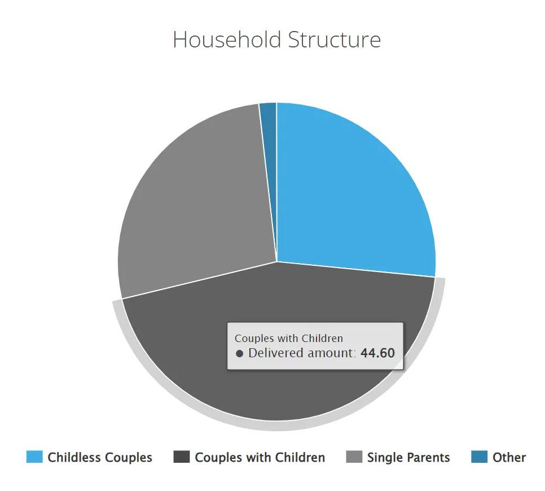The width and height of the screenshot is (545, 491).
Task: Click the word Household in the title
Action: (227, 40)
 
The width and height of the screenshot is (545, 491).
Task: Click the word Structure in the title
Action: (335, 40)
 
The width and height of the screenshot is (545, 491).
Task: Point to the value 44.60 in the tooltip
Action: (377, 353)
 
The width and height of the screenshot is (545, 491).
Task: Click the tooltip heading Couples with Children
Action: (289, 338)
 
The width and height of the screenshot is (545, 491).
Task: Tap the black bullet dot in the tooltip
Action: (239, 354)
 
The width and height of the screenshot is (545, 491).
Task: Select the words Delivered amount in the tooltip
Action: (301, 353)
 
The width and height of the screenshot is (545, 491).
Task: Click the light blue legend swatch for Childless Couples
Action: (34, 457)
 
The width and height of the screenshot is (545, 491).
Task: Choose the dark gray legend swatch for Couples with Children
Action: (182, 457)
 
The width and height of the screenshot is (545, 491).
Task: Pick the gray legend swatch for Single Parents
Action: (354, 457)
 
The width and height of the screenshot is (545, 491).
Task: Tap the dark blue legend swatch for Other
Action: (479, 457)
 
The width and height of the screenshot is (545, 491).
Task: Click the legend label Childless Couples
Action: (100, 457)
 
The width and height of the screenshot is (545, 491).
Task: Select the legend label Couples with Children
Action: (260, 457)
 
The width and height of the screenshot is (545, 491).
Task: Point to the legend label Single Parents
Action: (408, 457)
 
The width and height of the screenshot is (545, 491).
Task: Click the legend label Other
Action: (509, 457)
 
